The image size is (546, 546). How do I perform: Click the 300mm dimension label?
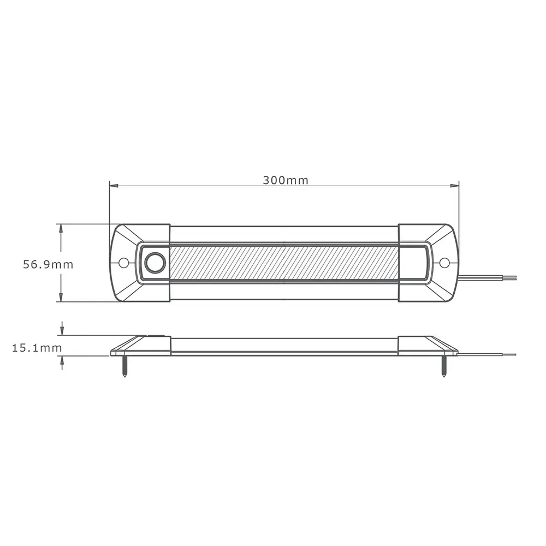(x=285, y=181)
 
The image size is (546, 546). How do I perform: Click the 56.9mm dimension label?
(x=48, y=265)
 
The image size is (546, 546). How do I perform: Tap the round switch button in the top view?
(x=155, y=263)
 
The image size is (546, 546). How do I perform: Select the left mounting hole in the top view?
(x=124, y=263)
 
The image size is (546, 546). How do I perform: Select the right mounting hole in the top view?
(x=444, y=263)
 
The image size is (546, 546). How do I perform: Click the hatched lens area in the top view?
(x=284, y=263)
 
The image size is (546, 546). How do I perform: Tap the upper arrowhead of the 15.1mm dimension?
(x=62, y=331)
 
